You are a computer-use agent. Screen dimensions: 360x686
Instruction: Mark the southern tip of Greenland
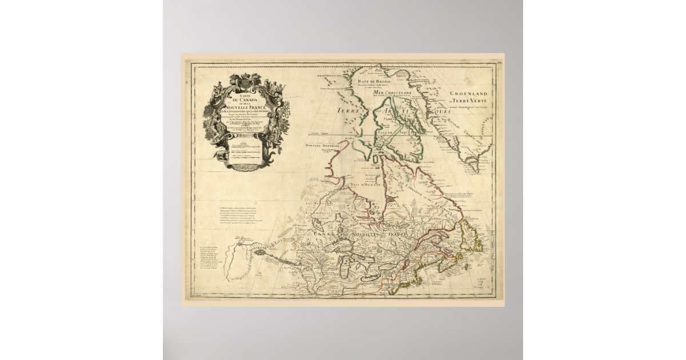pos(474,170)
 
